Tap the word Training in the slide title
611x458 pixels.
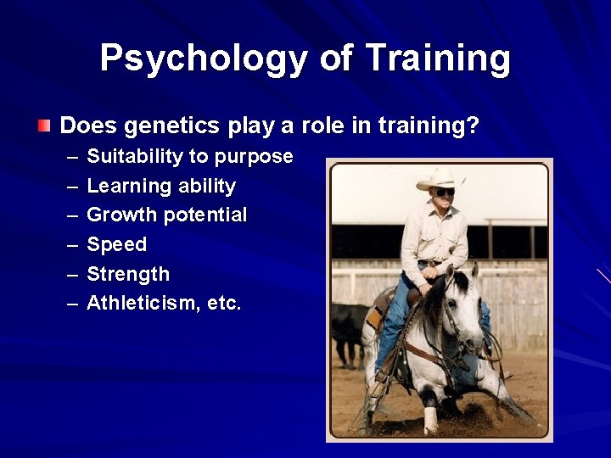438,59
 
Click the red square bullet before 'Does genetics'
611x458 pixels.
44,126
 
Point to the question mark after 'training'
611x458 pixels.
474,127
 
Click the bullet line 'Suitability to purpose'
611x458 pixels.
189,157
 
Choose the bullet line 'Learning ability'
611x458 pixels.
161,186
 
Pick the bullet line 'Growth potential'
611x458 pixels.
166,215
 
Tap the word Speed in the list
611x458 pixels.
116,245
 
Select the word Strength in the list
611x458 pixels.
128,275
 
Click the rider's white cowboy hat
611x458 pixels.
440,178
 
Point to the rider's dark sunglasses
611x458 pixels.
444,192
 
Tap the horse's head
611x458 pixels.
462,322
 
